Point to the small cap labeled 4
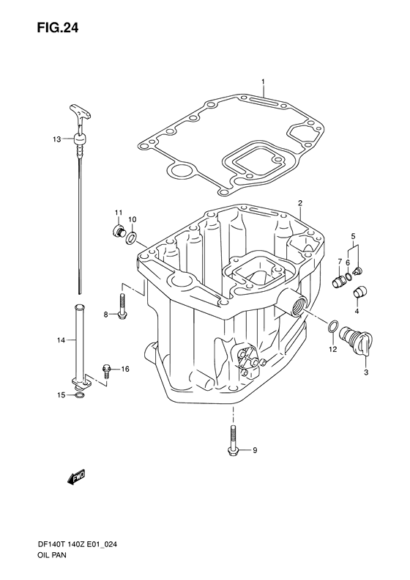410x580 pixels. pyautogui.click(x=352, y=236)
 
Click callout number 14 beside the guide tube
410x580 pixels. pyautogui.click(x=61, y=340)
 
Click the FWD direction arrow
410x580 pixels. pyautogui.click(x=76, y=478)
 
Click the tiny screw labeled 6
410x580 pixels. pyautogui.click(x=359, y=272)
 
